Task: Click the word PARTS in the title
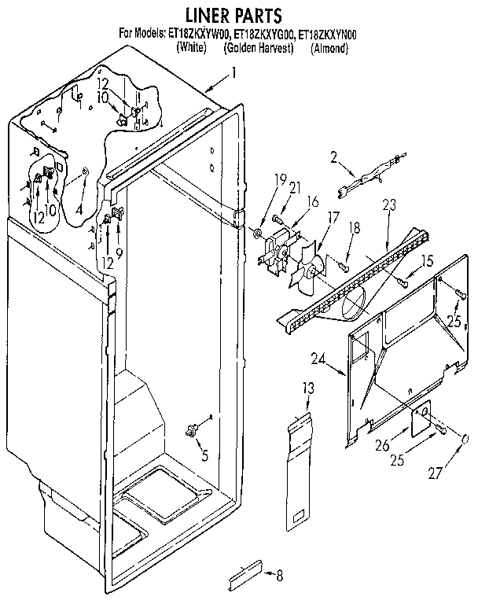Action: coord(259,15)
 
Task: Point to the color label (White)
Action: coord(191,48)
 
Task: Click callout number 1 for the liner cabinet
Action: coord(233,74)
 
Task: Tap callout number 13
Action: coord(308,387)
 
